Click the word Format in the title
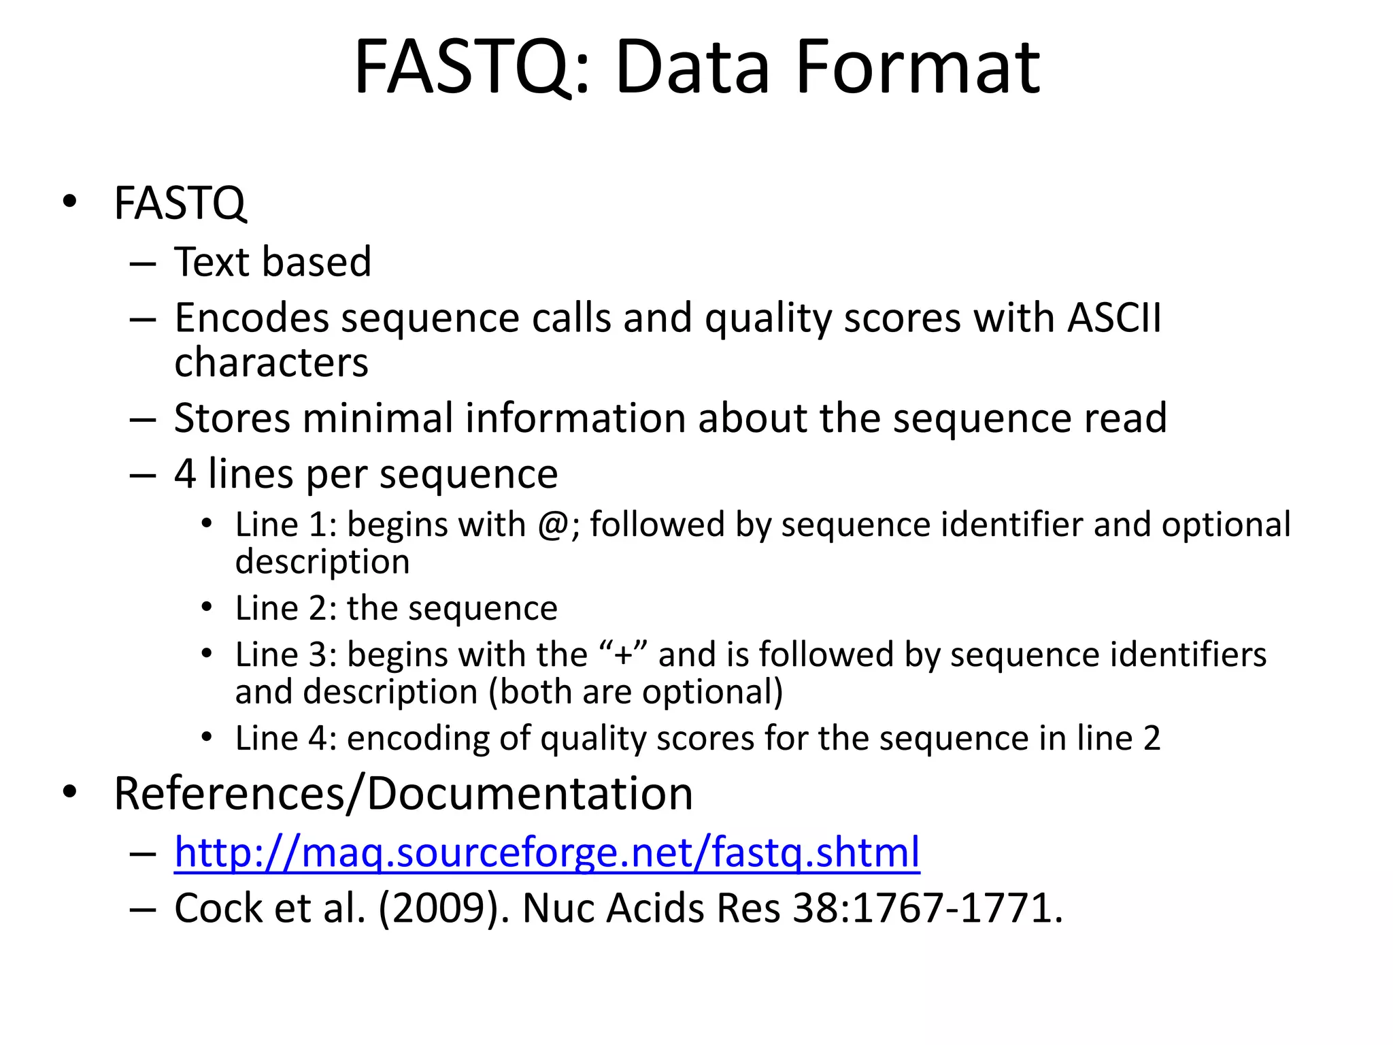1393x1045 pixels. pos(917,68)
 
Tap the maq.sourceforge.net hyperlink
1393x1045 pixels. pos(547,852)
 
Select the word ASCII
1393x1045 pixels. pos(1114,318)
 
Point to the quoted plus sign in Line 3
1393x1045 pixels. pos(623,655)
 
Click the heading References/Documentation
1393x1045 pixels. pos(403,794)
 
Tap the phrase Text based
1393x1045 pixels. pos(273,262)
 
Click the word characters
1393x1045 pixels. pos(271,363)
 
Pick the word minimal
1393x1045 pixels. pos(377,418)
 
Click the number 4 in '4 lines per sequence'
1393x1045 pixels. pos(185,474)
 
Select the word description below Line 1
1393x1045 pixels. pos(322,563)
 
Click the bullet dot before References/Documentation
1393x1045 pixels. pos(69,792)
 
